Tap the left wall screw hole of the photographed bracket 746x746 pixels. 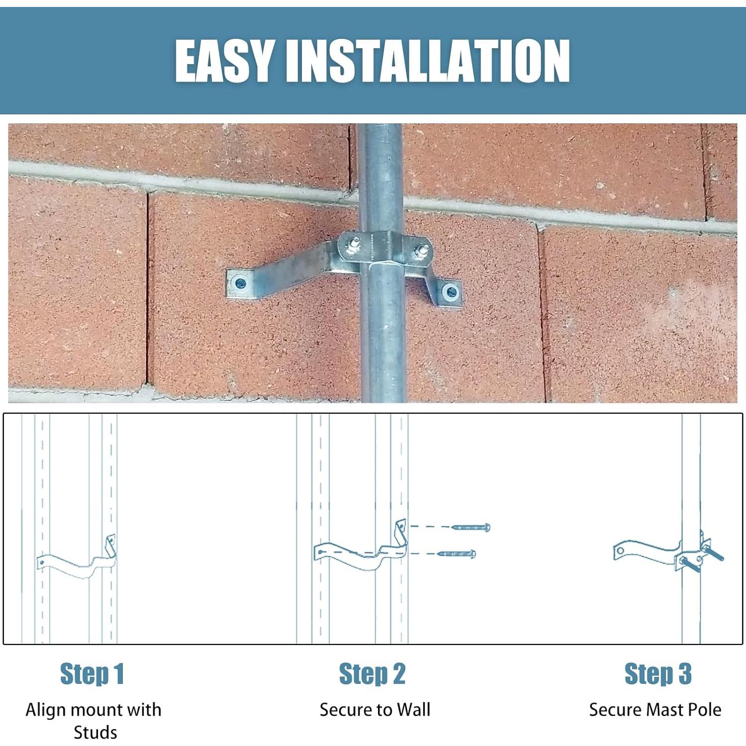tap(240, 284)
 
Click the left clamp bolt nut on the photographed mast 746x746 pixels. tap(355, 244)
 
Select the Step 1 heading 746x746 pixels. tap(92, 674)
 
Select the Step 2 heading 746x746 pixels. tap(372, 674)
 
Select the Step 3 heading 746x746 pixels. tap(657, 674)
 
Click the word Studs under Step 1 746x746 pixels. tap(95, 733)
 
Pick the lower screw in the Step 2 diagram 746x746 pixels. tap(457, 554)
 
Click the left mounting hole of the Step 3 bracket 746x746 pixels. tap(620, 551)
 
